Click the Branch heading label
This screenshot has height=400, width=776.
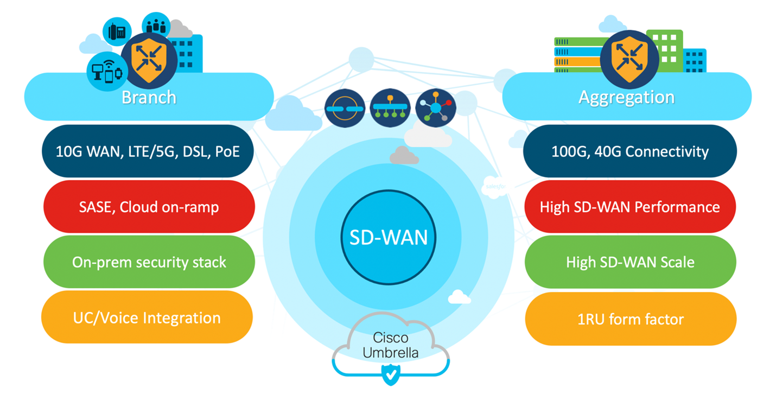coord(149,98)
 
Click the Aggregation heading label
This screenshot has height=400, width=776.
coord(626,98)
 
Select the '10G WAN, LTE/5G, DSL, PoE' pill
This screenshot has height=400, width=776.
coord(148,151)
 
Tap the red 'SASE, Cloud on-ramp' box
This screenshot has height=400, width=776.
coord(149,207)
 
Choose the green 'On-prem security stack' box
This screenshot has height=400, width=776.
coord(149,262)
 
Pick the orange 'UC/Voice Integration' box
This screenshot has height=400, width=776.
coord(147,318)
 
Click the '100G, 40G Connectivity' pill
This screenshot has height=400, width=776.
coord(629,151)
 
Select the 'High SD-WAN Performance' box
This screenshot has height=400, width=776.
coord(629,207)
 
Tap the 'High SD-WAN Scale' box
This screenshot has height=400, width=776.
coord(630,262)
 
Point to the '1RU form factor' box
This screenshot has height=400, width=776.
coord(630,319)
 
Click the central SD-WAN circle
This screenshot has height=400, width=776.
coord(388,237)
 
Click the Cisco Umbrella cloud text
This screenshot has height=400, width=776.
coord(391,345)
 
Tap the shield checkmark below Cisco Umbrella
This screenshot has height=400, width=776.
coord(390,374)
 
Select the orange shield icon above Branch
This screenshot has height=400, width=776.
coord(149,59)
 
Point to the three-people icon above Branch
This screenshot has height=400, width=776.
coord(156,25)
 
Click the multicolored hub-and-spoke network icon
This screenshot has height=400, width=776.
coord(435,108)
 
